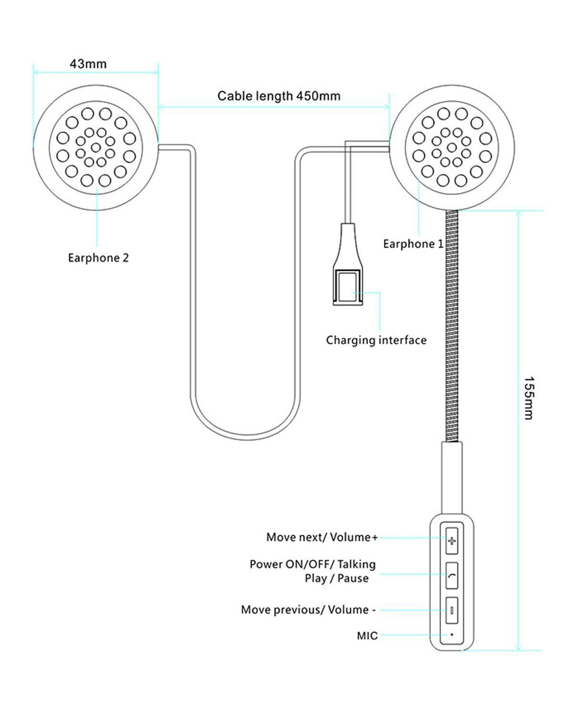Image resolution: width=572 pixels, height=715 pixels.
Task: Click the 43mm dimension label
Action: point(88,64)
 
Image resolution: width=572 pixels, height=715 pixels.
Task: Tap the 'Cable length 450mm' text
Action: point(279,96)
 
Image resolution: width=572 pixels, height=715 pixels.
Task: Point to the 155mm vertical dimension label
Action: point(529,398)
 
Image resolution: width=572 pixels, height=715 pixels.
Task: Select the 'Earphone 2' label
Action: point(98,258)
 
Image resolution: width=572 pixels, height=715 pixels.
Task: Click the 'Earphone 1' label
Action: point(413,244)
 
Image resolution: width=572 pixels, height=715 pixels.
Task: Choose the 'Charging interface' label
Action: point(376,340)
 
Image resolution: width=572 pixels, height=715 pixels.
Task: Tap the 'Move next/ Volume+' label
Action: point(322,537)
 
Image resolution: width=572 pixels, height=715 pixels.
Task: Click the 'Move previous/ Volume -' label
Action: point(308,610)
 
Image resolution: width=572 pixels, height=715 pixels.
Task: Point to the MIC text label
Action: point(367,635)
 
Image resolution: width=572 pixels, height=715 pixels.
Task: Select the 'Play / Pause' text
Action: point(337,578)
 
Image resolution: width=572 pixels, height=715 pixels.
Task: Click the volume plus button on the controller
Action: point(451,541)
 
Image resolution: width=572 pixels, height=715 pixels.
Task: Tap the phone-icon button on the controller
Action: point(451,576)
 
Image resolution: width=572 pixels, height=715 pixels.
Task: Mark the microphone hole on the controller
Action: point(451,635)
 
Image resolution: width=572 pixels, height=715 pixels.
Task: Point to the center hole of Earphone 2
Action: point(96,147)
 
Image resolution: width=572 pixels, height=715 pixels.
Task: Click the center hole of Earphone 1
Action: point(452,147)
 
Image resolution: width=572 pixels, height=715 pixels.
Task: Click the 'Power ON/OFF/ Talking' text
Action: point(313,564)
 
